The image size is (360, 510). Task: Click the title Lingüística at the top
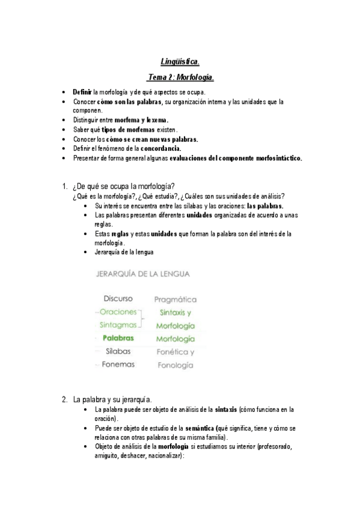point(181,61)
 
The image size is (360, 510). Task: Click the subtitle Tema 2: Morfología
point(181,78)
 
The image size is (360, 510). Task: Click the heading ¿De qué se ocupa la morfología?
point(127,185)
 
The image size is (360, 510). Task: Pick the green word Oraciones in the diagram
point(118,312)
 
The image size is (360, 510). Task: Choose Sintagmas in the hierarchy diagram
point(117,325)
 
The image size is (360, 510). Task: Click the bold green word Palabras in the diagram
point(118,339)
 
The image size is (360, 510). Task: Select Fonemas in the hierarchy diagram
point(118,364)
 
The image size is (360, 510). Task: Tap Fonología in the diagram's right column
point(175,365)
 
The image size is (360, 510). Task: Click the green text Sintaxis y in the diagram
point(175,313)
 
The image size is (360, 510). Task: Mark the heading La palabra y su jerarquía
point(112,399)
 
